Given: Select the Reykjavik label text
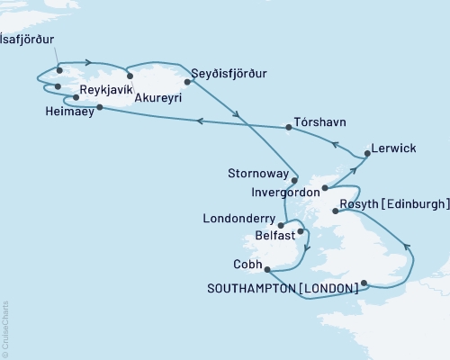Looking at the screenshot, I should coord(107,91).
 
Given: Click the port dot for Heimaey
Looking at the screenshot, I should coord(98,108).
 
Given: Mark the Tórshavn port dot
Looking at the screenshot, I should coord(288,128).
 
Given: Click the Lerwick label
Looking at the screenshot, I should coord(392,148).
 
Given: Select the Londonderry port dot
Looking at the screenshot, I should coord(282,225).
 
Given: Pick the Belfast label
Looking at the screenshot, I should coord(275,236).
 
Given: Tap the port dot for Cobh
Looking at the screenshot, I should coord(267,266).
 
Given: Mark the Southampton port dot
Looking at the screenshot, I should coord(364,283).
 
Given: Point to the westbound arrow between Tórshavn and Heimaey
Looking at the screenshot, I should coord(200,120).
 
